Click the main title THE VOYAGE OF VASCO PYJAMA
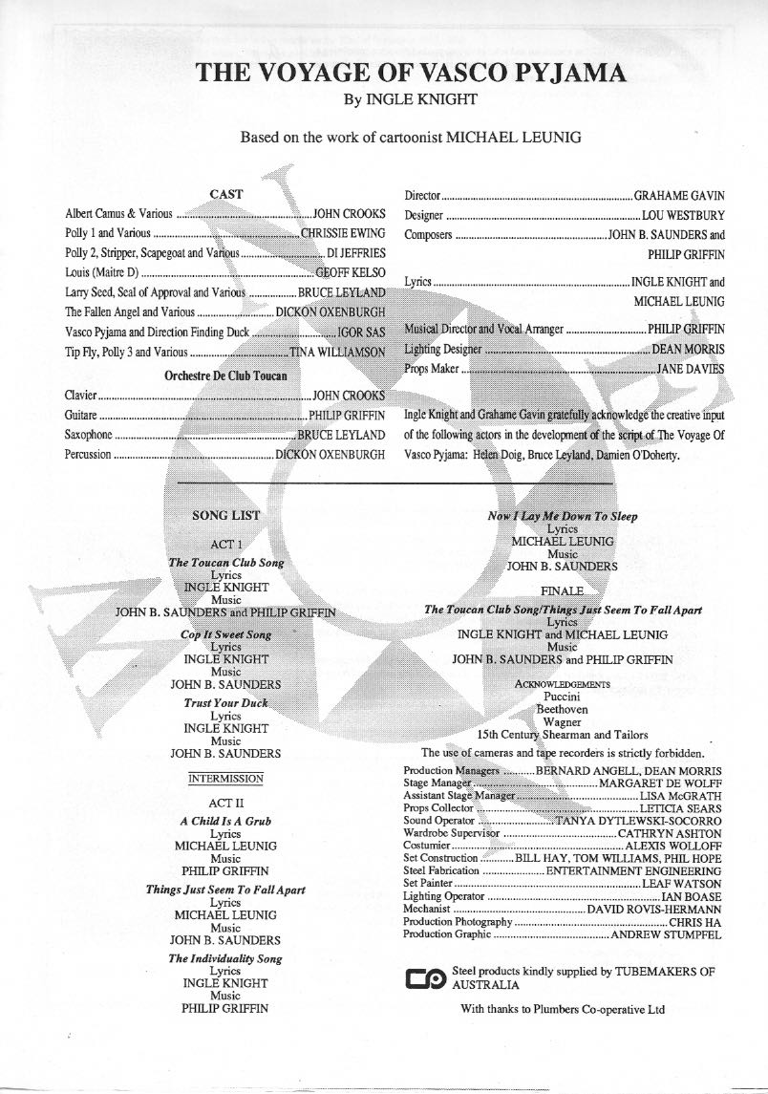(x=384, y=74)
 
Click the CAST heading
(x=225, y=194)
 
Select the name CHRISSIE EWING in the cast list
(x=343, y=233)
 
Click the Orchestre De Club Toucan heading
(x=225, y=375)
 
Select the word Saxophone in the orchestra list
(x=89, y=435)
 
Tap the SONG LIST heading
(x=225, y=516)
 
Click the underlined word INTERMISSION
(x=225, y=779)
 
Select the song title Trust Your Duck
(x=225, y=703)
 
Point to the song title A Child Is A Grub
(x=225, y=822)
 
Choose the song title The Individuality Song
(x=225, y=958)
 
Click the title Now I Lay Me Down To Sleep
(x=563, y=516)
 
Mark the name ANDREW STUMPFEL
(x=667, y=933)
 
